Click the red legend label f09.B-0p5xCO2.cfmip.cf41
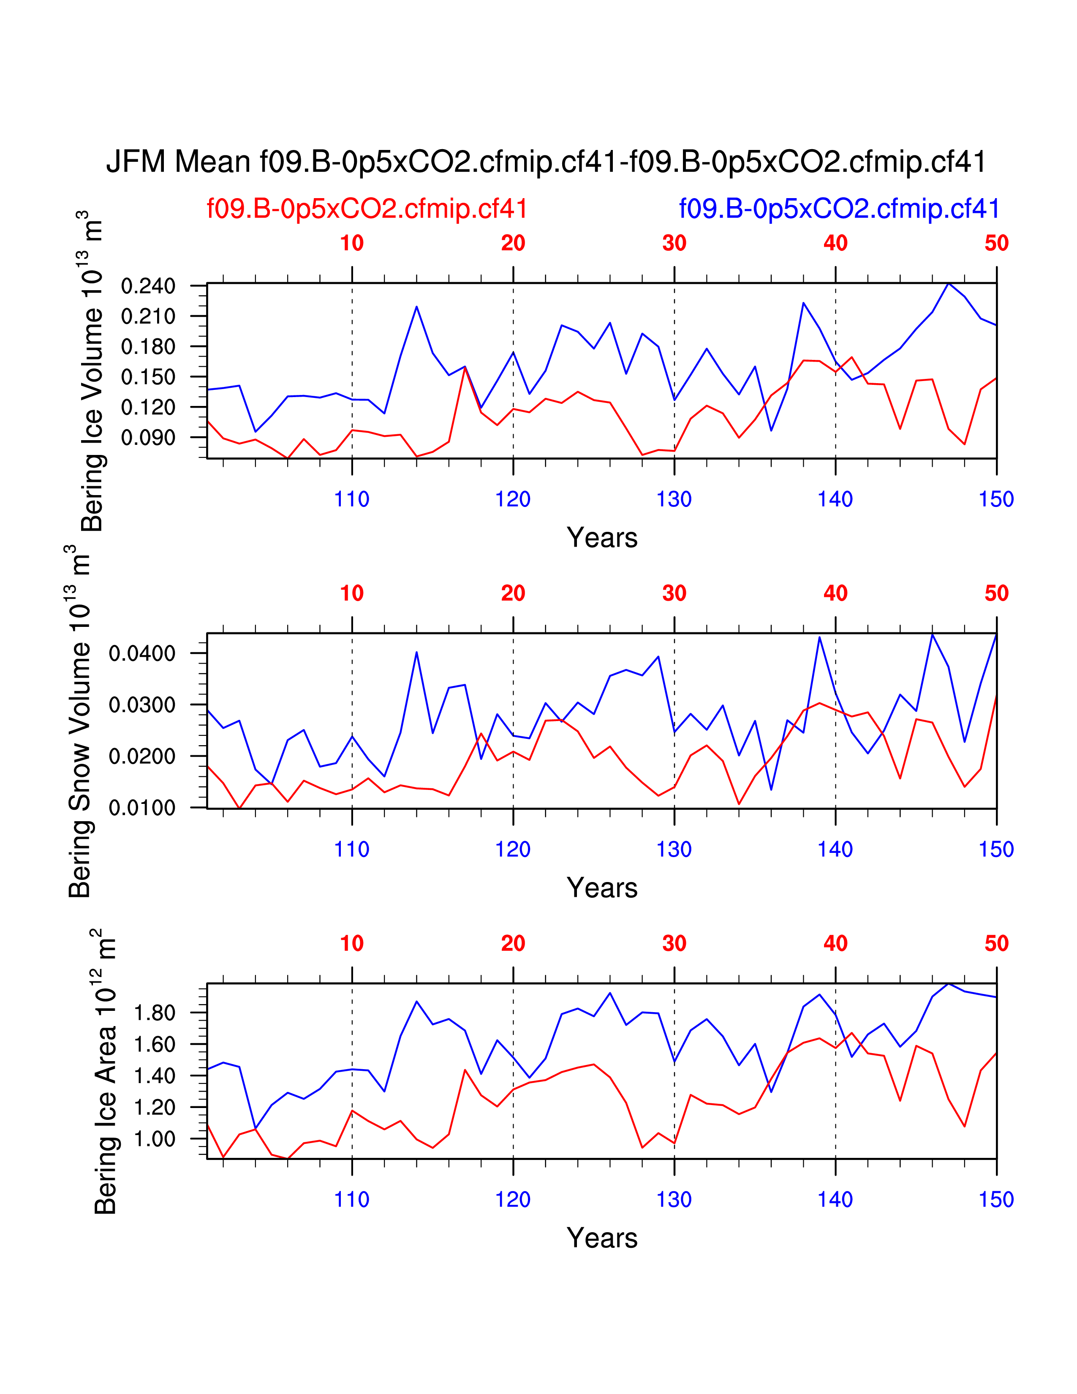point(367,209)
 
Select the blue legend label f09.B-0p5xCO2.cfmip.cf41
point(839,209)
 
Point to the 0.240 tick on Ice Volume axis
point(148,286)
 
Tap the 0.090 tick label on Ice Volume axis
point(148,438)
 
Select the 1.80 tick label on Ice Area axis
point(154,1013)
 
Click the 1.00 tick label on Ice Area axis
point(154,1139)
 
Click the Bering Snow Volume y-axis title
point(80,721)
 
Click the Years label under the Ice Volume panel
point(602,538)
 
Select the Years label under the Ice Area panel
point(602,1238)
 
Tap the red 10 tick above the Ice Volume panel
point(351,243)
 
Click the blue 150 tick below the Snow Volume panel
point(996,849)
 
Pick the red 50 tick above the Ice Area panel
point(996,943)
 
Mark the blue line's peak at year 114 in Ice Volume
point(416,306)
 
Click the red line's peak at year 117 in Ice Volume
point(465,368)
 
